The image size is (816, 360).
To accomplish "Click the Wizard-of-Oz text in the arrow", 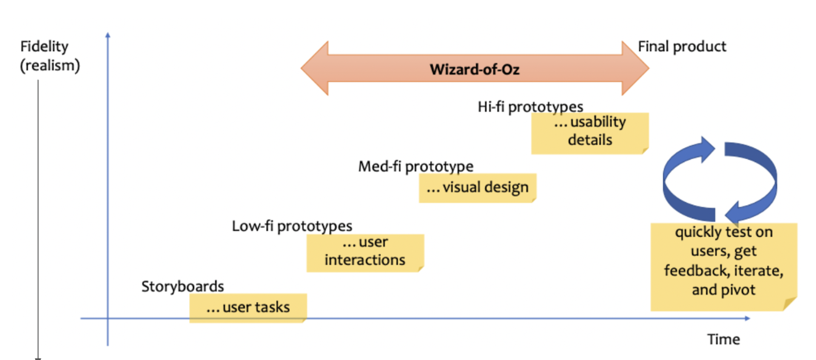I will [475, 69].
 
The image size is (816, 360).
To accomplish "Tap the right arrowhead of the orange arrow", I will [636, 68].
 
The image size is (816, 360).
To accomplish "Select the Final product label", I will [682, 47].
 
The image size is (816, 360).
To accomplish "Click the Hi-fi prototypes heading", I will [530, 107].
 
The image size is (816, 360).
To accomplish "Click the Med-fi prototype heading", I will [415, 166].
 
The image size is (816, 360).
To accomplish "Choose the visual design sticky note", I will [477, 187].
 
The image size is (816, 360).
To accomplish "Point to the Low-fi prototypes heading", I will [292, 226].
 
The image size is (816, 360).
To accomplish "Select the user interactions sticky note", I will [365, 252].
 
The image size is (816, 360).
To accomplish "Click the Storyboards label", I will [182, 287].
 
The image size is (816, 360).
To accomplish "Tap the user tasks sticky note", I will [247, 307].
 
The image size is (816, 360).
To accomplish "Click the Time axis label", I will [724, 340].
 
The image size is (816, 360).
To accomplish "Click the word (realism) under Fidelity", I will [50, 65].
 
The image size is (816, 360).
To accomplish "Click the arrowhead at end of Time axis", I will [747, 319].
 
